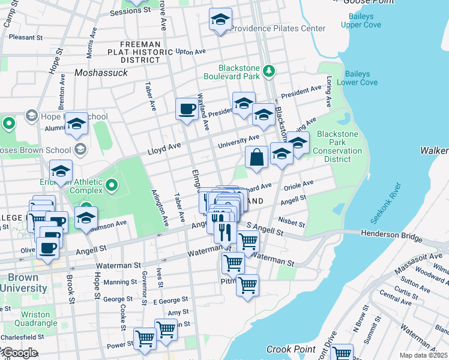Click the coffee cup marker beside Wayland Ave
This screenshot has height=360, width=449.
point(187,109)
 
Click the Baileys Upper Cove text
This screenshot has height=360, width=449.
point(360,21)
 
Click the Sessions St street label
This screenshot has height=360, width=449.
point(130,11)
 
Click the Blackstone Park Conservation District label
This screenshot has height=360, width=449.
point(339,146)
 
